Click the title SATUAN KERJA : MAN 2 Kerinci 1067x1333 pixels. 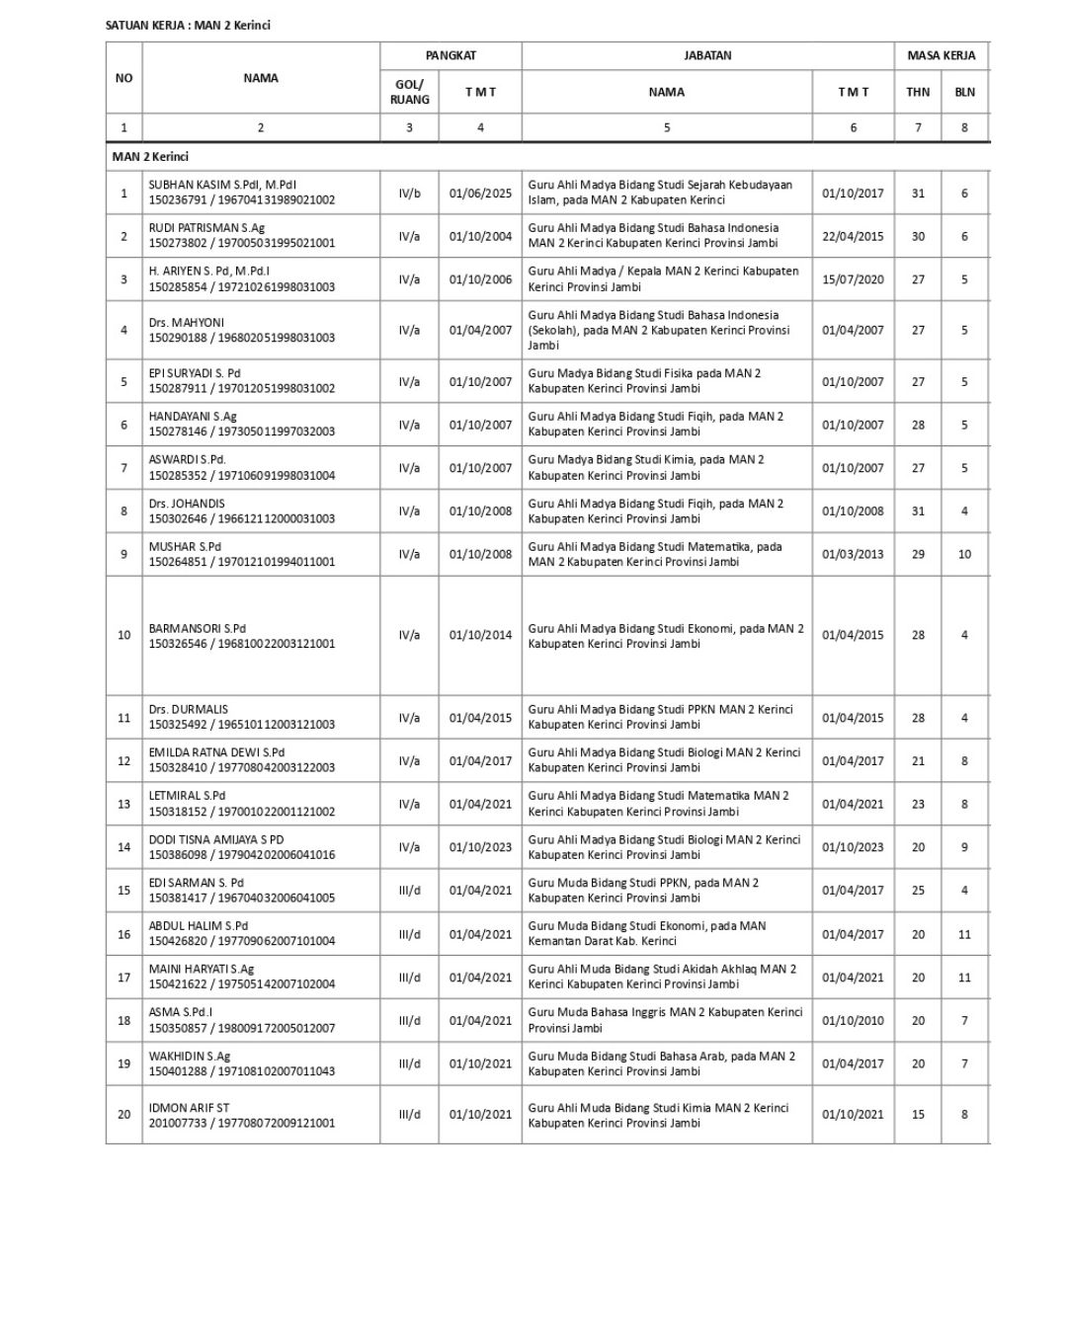[x=188, y=25]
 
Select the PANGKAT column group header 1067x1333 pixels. [x=451, y=55]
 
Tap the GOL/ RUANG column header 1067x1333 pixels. [x=409, y=92]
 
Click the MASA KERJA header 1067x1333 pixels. [x=941, y=55]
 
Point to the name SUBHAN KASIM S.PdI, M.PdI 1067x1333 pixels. [x=222, y=185]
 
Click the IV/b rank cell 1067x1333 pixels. [x=409, y=194]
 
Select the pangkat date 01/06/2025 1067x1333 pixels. [x=480, y=194]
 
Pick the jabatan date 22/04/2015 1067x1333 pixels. [x=853, y=236]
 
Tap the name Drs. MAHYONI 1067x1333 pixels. [x=187, y=322]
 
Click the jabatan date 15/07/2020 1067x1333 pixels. [x=853, y=279]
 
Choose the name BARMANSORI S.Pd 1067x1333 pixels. [x=198, y=628]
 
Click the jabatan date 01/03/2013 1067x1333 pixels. [x=853, y=554]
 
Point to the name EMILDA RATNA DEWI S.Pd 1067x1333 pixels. [x=216, y=752]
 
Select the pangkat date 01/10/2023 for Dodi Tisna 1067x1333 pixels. [x=480, y=847]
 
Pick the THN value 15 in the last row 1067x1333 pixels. [x=918, y=1115]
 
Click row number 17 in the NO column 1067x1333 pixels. [x=123, y=978]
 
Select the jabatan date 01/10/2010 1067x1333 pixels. [x=853, y=1021]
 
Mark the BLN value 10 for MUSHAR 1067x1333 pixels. [x=964, y=554]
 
